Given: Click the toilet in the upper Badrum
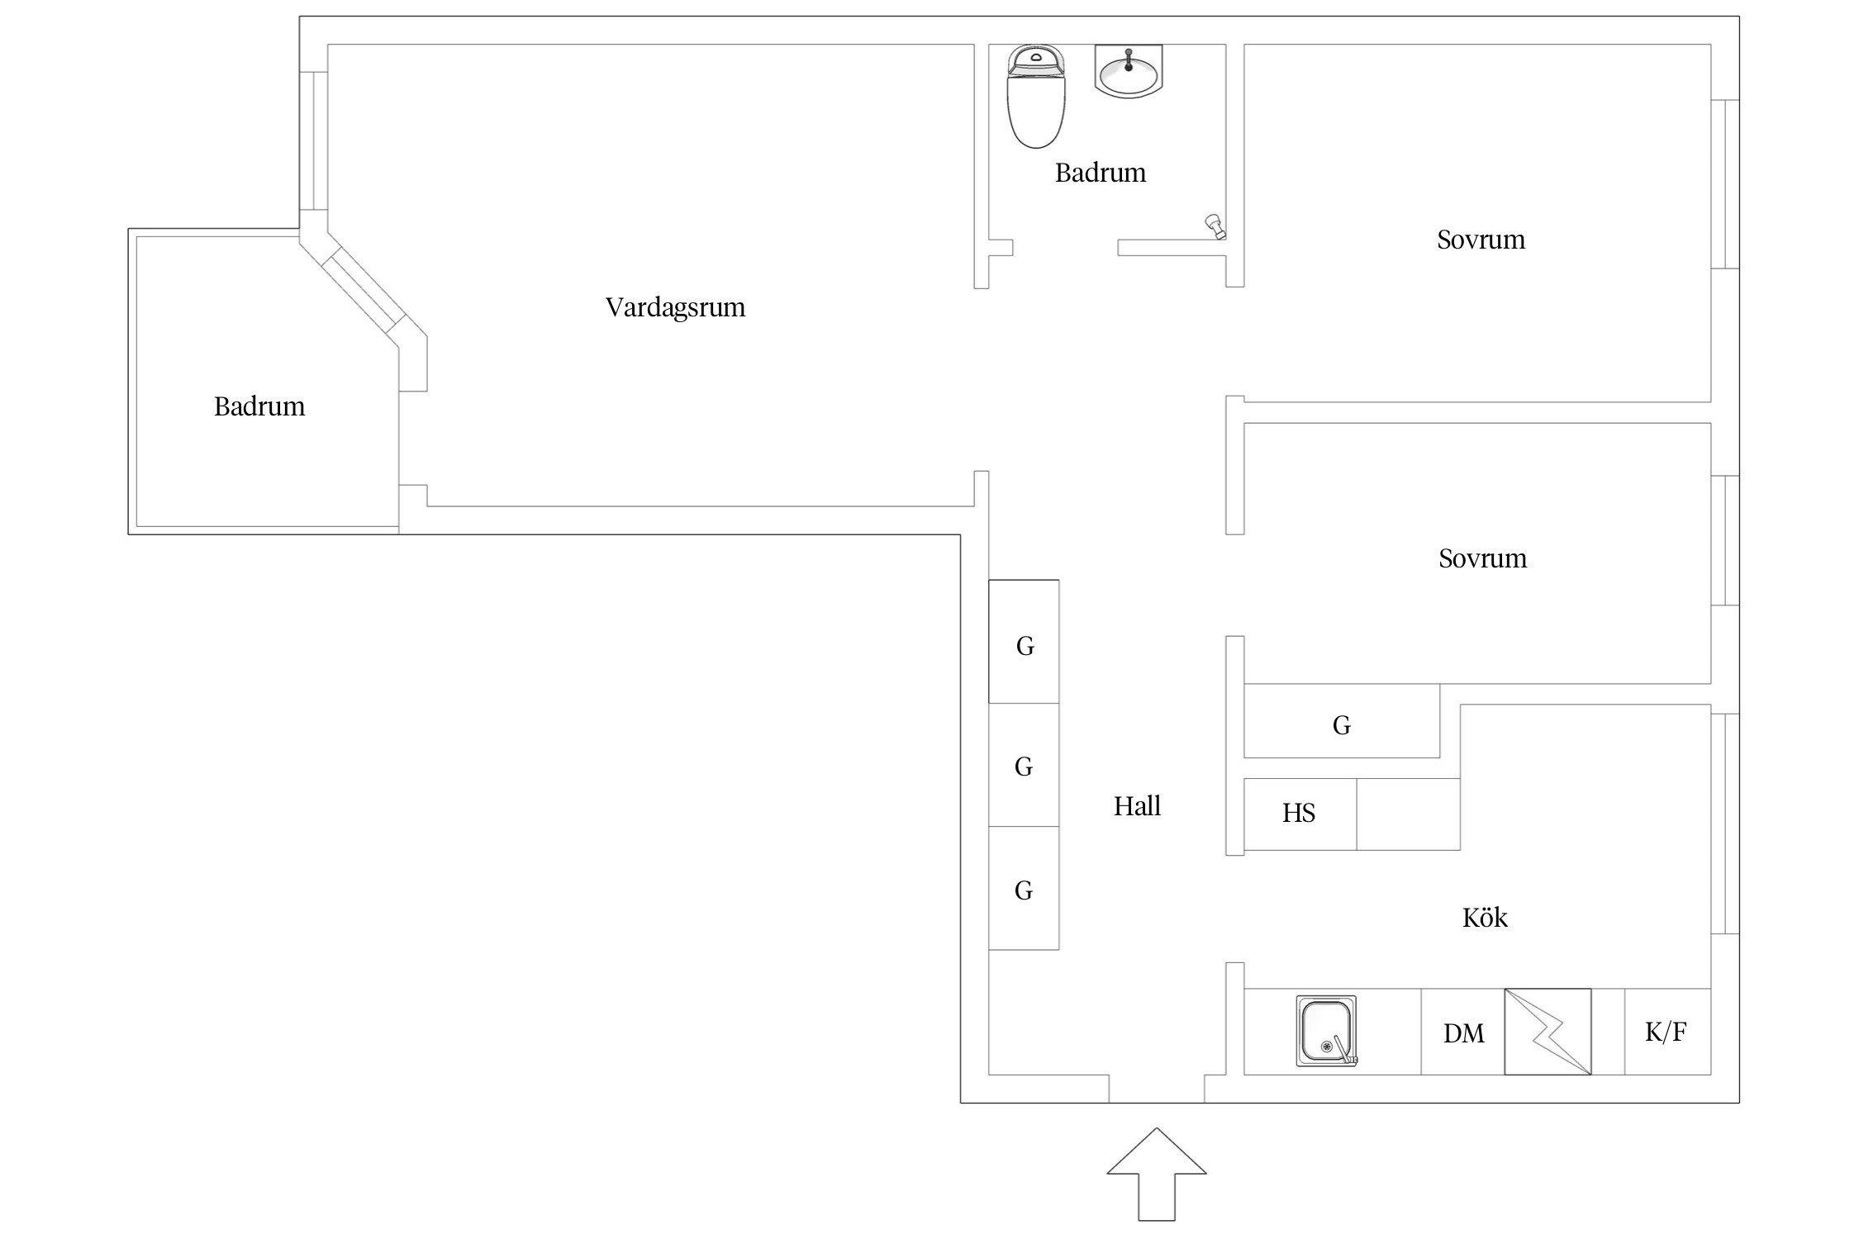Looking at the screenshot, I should [x=1035, y=97].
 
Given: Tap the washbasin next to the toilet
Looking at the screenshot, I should [x=1128, y=72].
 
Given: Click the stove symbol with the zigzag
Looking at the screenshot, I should [x=1548, y=1032].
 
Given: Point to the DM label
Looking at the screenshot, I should [x=1463, y=1033].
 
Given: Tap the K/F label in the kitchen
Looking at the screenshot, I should [x=1665, y=1032].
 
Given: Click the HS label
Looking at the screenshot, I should [x=1298, y=814].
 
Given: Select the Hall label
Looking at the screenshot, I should [x=1137, y=806].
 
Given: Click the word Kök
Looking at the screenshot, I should [x=1485, y=918].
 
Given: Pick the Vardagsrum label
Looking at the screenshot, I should [x=675, y=307].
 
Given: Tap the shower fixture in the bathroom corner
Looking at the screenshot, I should [x=1215, y=225].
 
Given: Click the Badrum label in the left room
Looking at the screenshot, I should [x=259, y=406].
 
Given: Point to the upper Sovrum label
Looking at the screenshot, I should [x=1481, y=240].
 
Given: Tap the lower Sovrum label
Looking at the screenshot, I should [x=1482, y=558].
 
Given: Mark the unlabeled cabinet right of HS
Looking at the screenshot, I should [x=1408, y=814].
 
